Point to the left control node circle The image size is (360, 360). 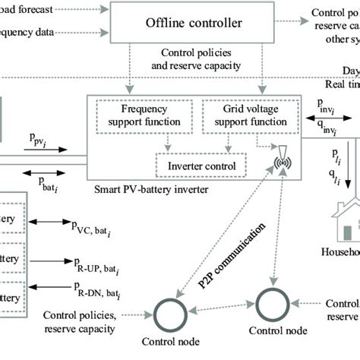170,312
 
